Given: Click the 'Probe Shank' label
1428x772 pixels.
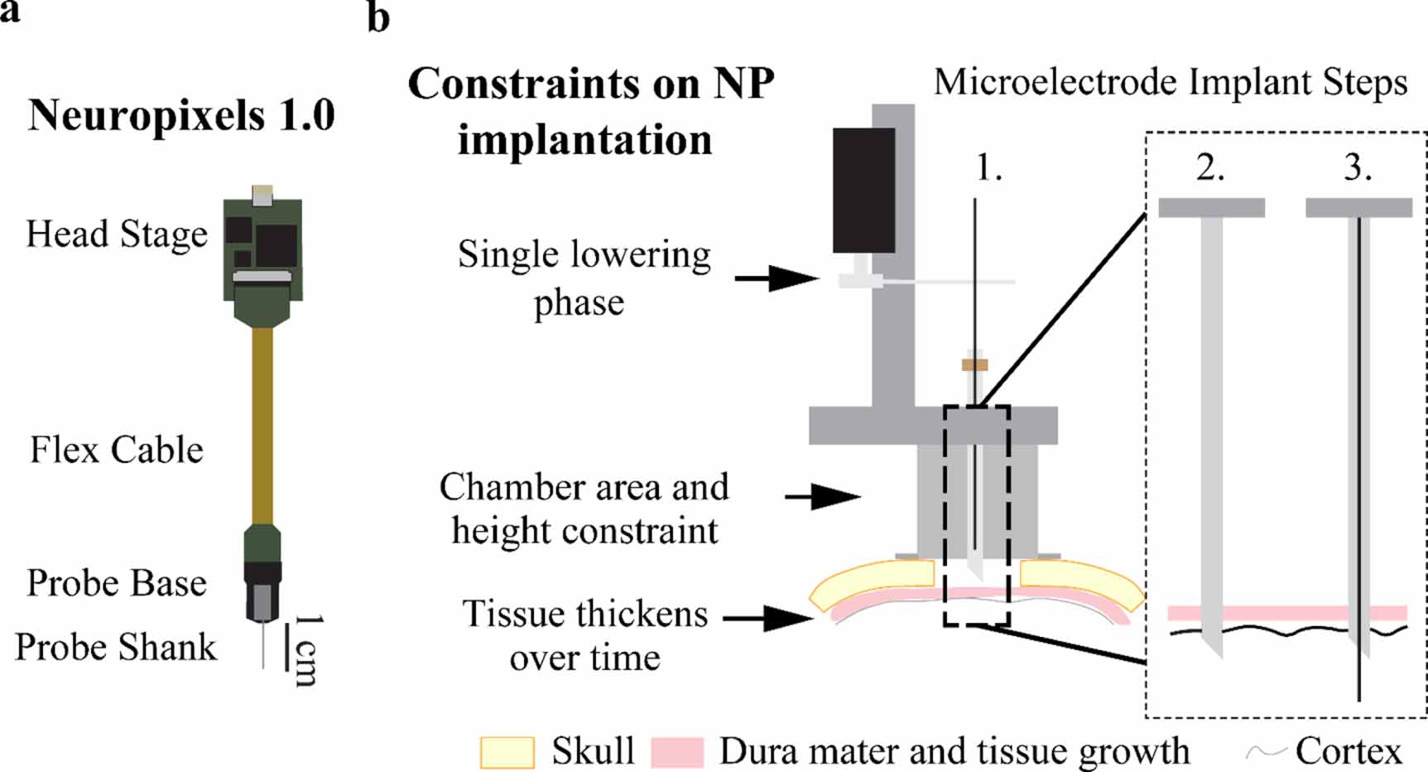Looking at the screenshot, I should (116, 647).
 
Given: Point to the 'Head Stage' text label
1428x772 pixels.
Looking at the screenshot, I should (117, 234).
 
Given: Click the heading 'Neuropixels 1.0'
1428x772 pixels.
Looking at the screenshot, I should (181, 115).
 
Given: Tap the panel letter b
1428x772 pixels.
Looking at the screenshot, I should (378, 18).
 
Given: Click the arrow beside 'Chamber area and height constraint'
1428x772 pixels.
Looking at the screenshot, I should (823, 497).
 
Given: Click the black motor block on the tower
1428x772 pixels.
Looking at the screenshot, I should (863, 190).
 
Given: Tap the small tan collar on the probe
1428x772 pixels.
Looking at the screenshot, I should (974, 364).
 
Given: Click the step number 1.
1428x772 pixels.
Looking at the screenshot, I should (988, 168).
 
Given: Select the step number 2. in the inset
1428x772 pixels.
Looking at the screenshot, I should (1210, 168).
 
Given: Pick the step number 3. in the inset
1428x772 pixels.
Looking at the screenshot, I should (1358, 168).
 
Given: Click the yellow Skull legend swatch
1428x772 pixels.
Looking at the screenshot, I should (507, 752).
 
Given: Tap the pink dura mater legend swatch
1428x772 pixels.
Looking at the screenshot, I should (677, 752).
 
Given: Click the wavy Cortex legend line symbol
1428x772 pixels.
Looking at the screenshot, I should (1266, 752).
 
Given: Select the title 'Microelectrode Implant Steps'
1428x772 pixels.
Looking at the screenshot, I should (1171, 83).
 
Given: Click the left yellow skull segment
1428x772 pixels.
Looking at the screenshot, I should (873, 583).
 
